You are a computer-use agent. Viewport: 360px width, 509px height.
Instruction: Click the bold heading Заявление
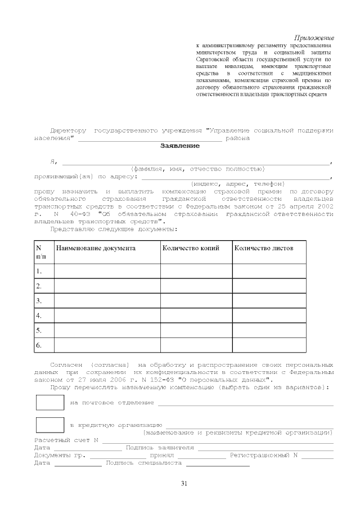(x=180, y=146)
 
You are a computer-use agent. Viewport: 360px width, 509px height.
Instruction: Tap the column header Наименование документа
(x=95, y=248)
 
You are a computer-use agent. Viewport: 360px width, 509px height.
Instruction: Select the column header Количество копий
(x=190, y=248)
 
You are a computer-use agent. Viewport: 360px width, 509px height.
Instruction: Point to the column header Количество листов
(x=263, y=248)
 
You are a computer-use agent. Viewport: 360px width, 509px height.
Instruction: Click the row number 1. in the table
(x=39, y=271)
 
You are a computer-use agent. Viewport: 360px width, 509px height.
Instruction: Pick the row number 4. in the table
(x=39, y=316)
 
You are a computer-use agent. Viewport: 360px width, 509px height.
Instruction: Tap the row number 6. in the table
(x=39, y=345)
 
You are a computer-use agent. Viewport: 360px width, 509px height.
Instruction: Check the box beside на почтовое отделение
(x=50, y=403)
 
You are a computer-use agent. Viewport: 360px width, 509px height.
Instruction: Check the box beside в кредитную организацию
(x=50, y=425)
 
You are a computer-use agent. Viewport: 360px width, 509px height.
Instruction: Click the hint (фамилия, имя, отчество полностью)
(x=197, y=169)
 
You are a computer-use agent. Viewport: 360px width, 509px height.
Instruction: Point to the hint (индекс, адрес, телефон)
(x=237, y=184)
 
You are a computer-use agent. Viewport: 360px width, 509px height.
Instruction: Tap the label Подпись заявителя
(x=160, y=448)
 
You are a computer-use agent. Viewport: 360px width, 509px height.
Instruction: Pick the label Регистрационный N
(x=263, y=455)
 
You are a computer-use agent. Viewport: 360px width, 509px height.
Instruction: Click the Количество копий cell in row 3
(x=196, y=301)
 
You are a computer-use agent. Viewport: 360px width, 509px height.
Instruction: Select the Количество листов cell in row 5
(x=269, y=330)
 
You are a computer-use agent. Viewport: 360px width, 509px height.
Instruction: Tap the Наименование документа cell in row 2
(x=107, y=286)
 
